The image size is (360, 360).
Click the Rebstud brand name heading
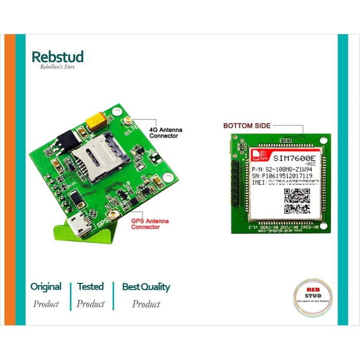coord(57,57)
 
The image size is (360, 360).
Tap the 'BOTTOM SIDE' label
coord(246,125)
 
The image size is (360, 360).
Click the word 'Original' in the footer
coord(46,287)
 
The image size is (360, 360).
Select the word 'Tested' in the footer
coord(91,287)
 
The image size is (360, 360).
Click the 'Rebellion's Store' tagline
coord(58,67)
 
